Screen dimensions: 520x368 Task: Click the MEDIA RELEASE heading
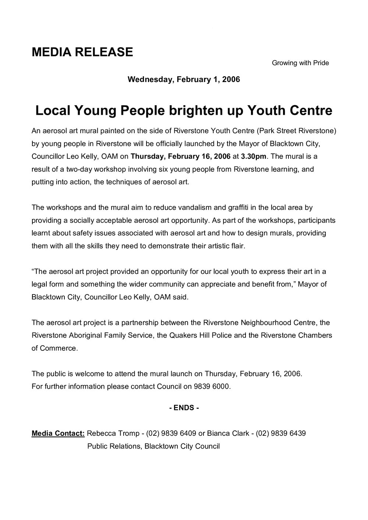(x=82, y=52)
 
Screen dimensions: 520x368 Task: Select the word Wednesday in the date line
(x=149, y=79)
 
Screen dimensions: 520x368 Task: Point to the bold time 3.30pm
(x=254, y=156)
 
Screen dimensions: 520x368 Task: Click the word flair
(x=237, y=246)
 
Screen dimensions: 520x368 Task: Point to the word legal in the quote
(x=39, y=284)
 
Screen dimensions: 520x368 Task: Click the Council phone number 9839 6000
(x=216, y=387)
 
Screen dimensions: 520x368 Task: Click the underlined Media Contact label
(x=58, y=434)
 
